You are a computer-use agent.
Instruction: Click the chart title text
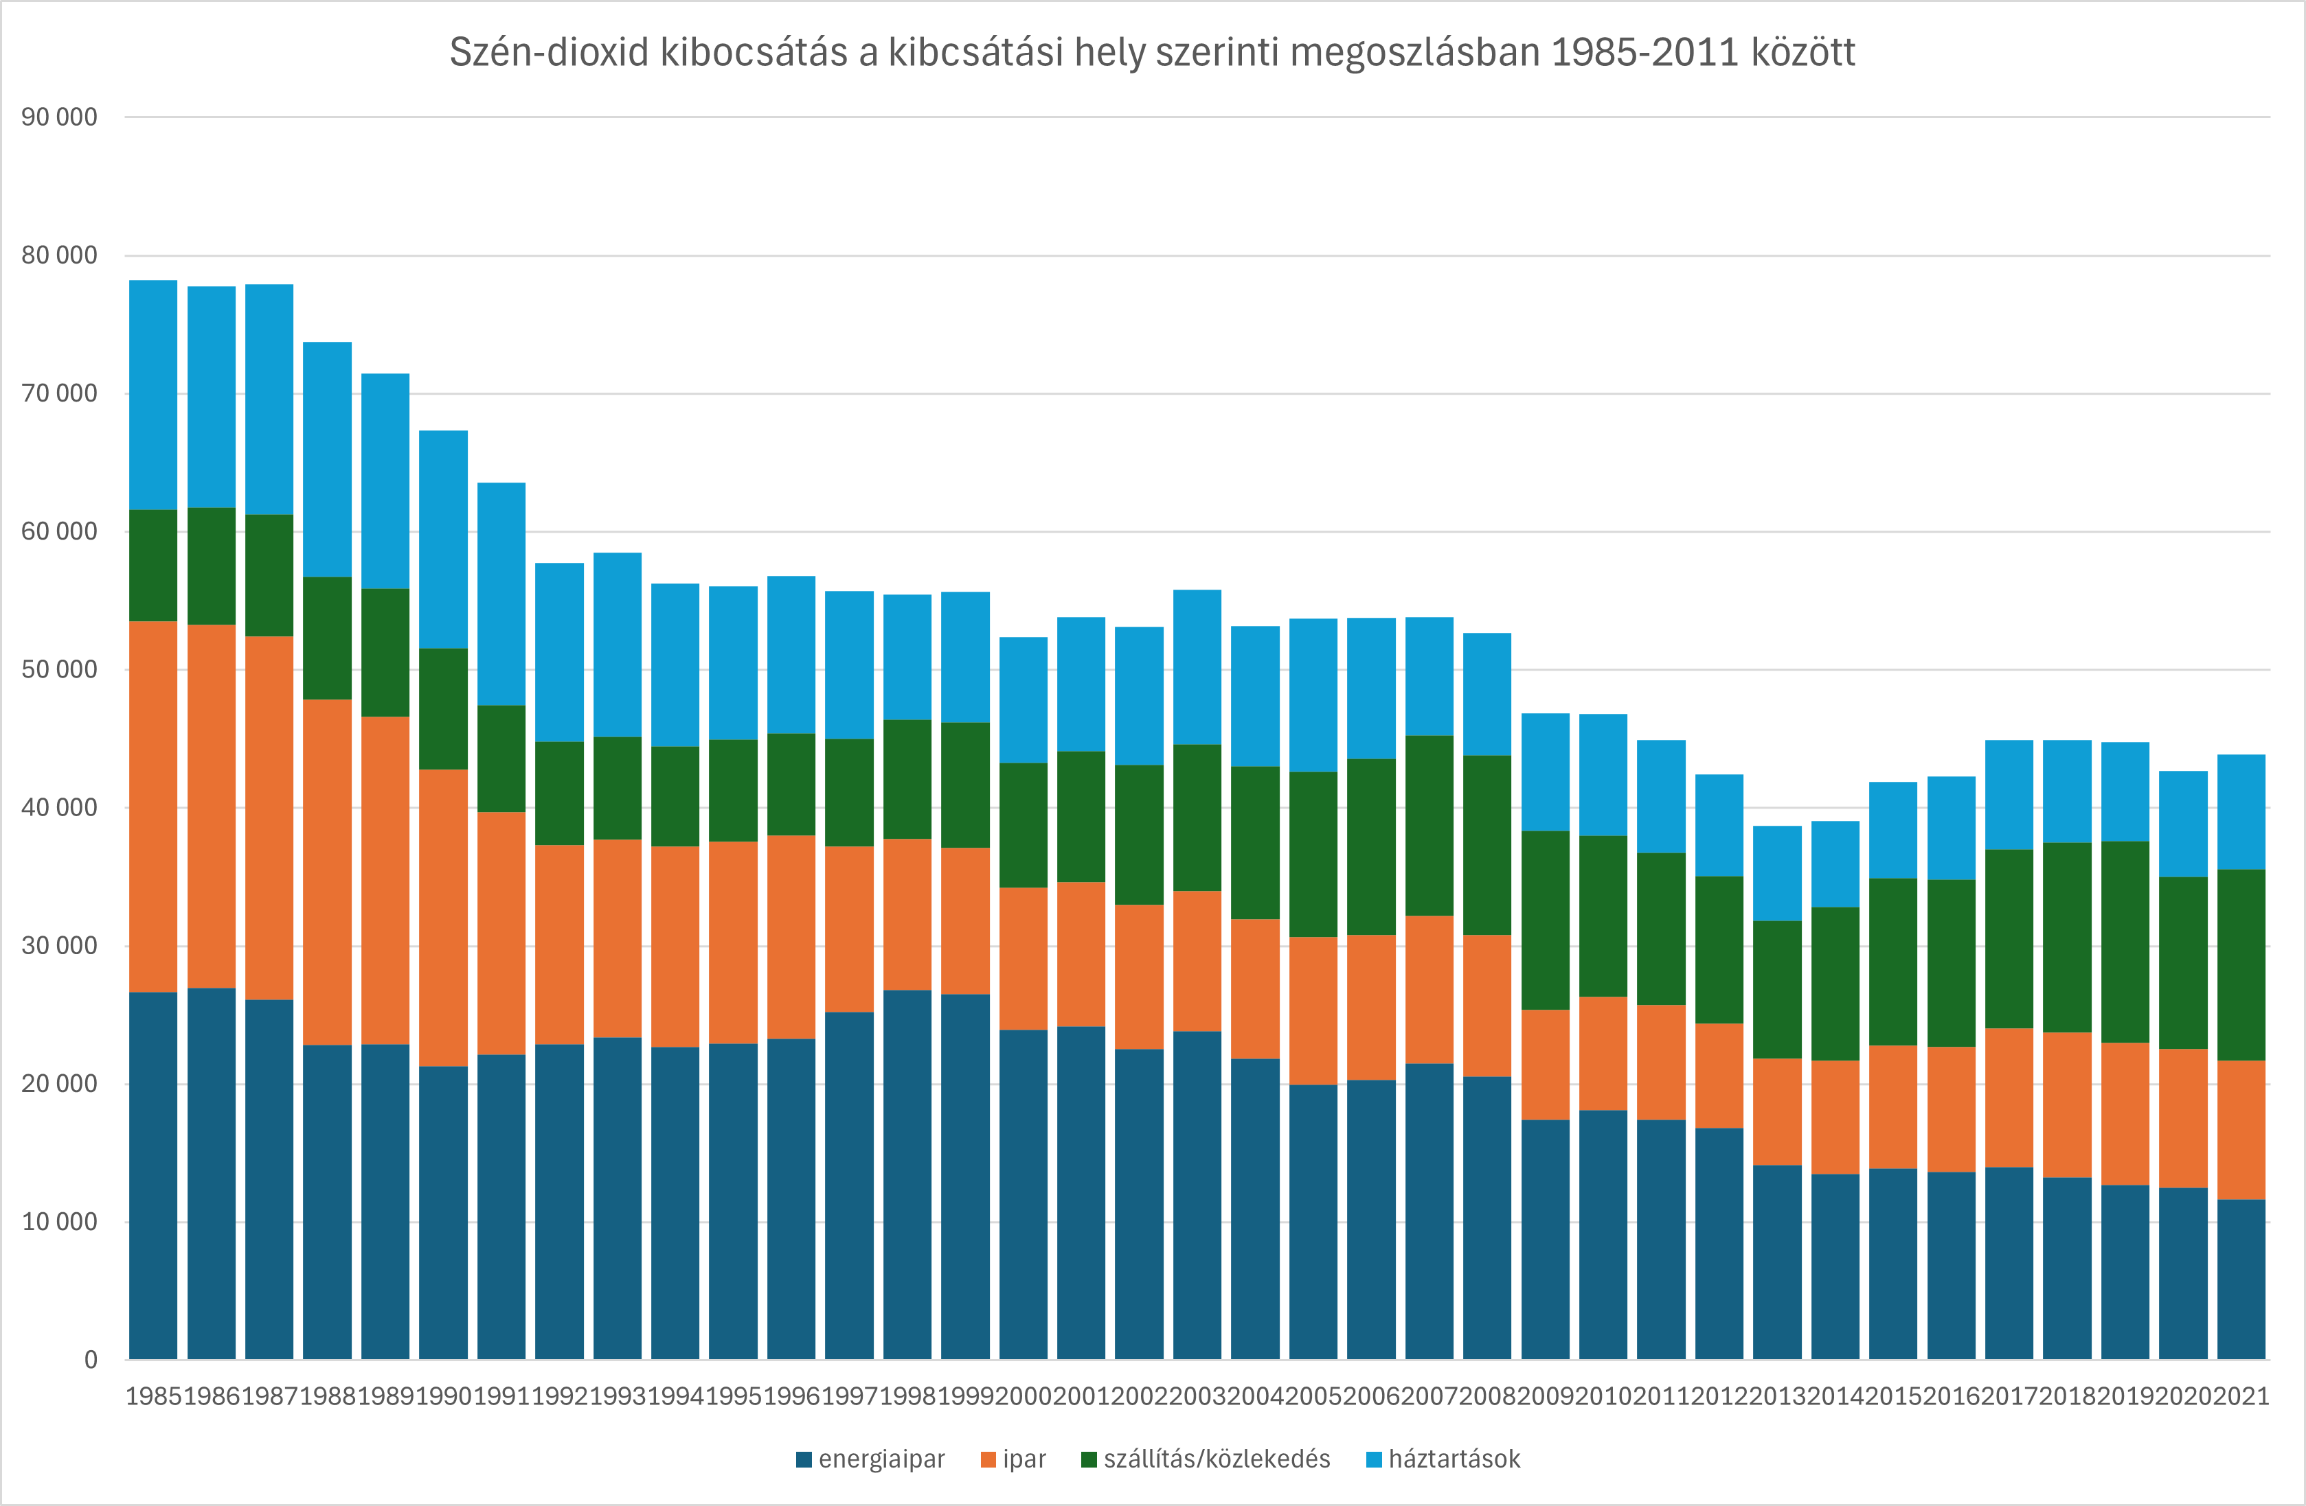(1152, 52)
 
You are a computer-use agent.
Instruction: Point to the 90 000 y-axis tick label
(59, 117)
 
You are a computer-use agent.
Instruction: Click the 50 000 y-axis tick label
(59, 669)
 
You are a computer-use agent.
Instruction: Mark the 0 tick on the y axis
(90, 1360)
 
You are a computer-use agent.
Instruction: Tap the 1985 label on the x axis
(154, 1397)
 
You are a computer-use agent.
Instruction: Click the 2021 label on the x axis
(2241, 1397)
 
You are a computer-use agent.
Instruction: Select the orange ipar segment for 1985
(153, 807)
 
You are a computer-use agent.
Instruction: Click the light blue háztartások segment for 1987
(269, 399)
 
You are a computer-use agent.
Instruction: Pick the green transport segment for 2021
(2241, 964)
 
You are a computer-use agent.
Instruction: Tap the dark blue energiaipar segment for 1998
(907, 1174)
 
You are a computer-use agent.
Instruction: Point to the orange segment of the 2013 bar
(1777, 1112)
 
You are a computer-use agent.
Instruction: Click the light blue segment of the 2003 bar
(1197, 667)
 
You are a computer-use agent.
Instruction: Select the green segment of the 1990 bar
(443, 709)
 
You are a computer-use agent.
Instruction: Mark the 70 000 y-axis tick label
(59, 393)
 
